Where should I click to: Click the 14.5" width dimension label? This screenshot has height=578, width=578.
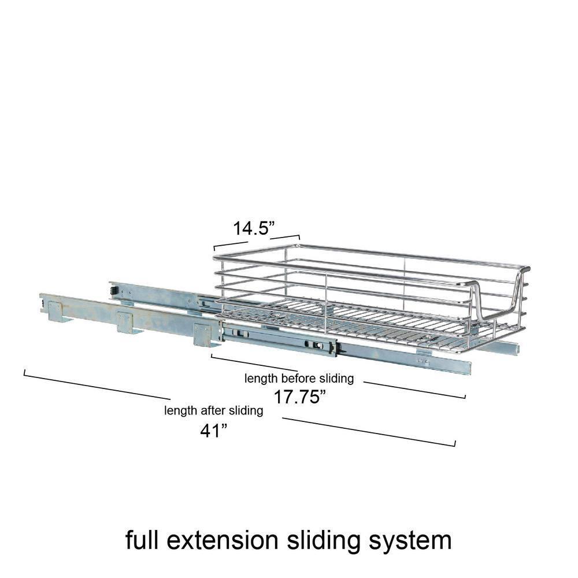(252, 228)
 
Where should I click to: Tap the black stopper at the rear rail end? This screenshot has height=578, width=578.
(114, 288)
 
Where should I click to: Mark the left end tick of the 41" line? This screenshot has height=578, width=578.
(24, 373)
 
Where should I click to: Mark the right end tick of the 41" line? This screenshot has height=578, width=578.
(455, 443)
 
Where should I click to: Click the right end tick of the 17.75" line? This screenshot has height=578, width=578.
(465, 396)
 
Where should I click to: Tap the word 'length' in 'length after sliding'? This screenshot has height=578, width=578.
(179, 411)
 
